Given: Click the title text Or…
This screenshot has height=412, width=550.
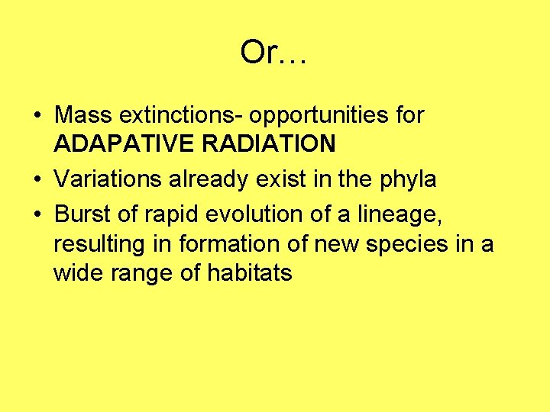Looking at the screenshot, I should (273, 53).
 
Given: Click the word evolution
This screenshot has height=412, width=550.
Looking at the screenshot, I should (253, 216).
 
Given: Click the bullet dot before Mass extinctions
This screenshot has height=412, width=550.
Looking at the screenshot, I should (37, 116).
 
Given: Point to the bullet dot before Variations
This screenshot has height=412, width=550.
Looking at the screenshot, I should (37, 180).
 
